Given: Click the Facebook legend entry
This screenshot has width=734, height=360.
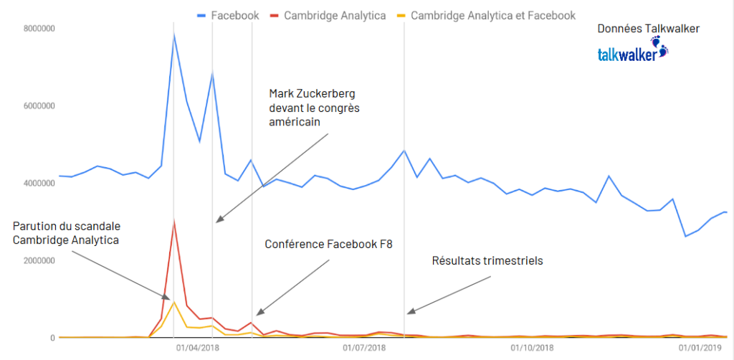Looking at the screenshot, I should (x=227, y=15).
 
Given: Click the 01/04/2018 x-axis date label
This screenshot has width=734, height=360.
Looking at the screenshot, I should (x=198, y=349).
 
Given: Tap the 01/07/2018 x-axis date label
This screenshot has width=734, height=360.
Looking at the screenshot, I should (x=364, y=349).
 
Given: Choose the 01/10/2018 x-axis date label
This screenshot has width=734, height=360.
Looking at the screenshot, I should (x=531, y=349).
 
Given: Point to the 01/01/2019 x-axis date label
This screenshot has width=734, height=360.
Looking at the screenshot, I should (x=699, y=349).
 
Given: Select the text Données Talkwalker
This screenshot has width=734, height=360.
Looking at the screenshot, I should (x=648, y=29).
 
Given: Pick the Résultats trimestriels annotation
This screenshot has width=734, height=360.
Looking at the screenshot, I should (x=487, y=261).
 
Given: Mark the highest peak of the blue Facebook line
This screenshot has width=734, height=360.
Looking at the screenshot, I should (x=174, y=34).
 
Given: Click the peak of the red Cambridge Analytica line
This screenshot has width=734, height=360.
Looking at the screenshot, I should (x=174, y=222).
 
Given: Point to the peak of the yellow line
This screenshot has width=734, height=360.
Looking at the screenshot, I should (x=174, y=302).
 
